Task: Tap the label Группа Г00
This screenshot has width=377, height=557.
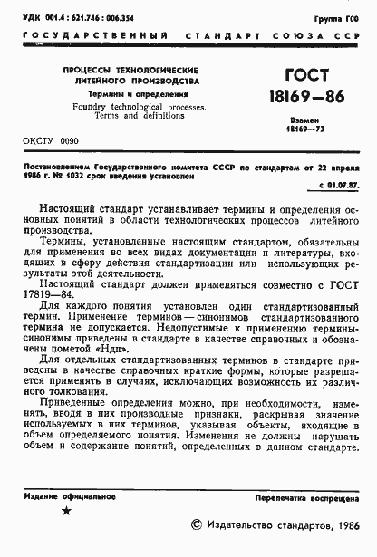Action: [x=349, y=18]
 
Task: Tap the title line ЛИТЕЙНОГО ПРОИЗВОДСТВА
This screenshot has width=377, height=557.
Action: [x=130, y=82]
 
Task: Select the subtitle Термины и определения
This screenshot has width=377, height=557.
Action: [x=130, y=93]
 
